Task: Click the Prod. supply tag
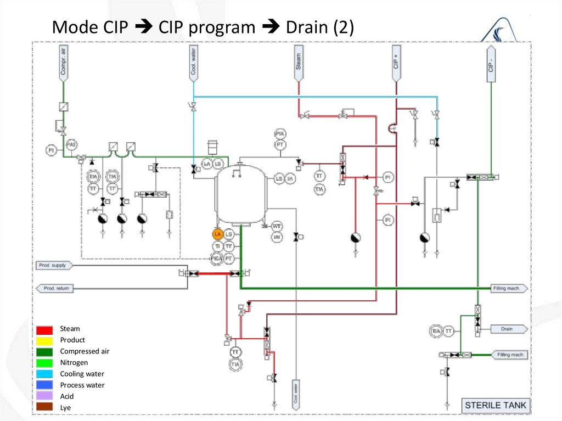[x=54, y=266]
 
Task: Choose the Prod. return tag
[x=55, y=288]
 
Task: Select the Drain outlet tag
[x=507, y=329]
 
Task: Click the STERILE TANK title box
[x=495, y=406]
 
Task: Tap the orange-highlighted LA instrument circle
[x=218, y=234]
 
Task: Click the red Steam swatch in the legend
[x=45, y=329]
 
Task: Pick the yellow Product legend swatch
[x=45, y=340]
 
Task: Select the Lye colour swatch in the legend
[x=45, y=408]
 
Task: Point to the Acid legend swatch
[x=45, y=396]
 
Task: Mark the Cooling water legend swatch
[x=45, y=374]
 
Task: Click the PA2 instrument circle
[x=70, y=144]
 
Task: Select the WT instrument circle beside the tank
[x=277, y=226]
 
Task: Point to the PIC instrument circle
[x=216, y=258]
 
